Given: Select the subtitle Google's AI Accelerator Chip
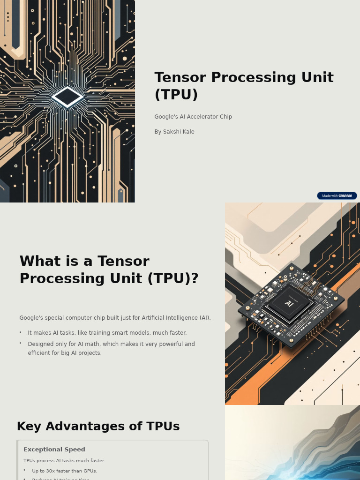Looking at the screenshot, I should pos(193,117).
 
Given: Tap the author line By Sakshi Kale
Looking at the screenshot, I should pos(174,132).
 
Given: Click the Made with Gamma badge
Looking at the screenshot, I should pos(337,196).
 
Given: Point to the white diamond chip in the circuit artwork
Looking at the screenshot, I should pos(67,97).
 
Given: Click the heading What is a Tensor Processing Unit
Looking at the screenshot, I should pos(109,270).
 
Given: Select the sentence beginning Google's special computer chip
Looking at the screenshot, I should pos(115,318).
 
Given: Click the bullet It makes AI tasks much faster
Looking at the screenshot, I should pos(107,333).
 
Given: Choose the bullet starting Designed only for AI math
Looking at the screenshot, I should pos(111,344).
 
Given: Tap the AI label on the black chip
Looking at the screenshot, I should pos(289,303).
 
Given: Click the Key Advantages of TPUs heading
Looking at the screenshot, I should pos(98,427).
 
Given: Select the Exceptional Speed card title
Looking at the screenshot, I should pos(54,450).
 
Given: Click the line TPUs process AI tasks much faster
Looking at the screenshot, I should pos(64,461).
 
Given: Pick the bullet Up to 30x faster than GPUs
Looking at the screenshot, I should pos(64,471).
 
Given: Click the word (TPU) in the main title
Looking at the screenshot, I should pos(176,95).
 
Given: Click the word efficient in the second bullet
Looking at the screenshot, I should pos(39,353).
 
